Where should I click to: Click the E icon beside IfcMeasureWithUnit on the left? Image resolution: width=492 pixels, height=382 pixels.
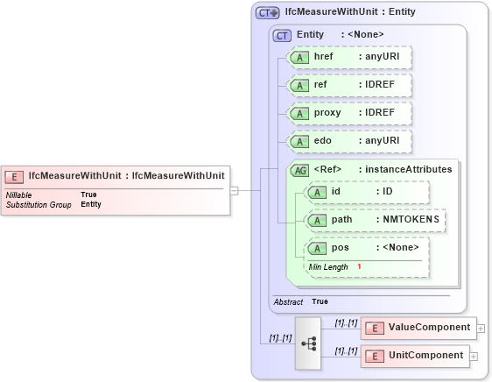15,175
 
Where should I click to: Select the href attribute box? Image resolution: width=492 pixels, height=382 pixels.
350,57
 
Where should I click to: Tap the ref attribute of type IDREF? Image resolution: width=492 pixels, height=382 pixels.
350,85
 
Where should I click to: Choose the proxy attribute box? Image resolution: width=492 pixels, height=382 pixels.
350,113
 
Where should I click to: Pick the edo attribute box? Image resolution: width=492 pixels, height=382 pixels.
350,140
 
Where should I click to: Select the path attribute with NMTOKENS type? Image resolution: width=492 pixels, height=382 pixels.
375,219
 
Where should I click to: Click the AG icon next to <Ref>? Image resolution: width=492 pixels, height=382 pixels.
299,170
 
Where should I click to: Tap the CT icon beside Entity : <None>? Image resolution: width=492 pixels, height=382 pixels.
283,35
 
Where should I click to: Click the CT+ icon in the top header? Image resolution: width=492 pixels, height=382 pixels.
267,13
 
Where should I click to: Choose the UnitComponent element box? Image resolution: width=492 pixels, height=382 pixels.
416,355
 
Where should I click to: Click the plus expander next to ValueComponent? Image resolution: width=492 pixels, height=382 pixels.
481,329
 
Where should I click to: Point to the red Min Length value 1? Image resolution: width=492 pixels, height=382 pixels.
359,266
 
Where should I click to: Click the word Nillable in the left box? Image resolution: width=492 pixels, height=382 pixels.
20,195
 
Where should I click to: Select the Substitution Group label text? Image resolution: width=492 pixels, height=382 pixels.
39,204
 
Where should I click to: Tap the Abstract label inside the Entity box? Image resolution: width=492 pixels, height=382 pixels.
288,301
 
